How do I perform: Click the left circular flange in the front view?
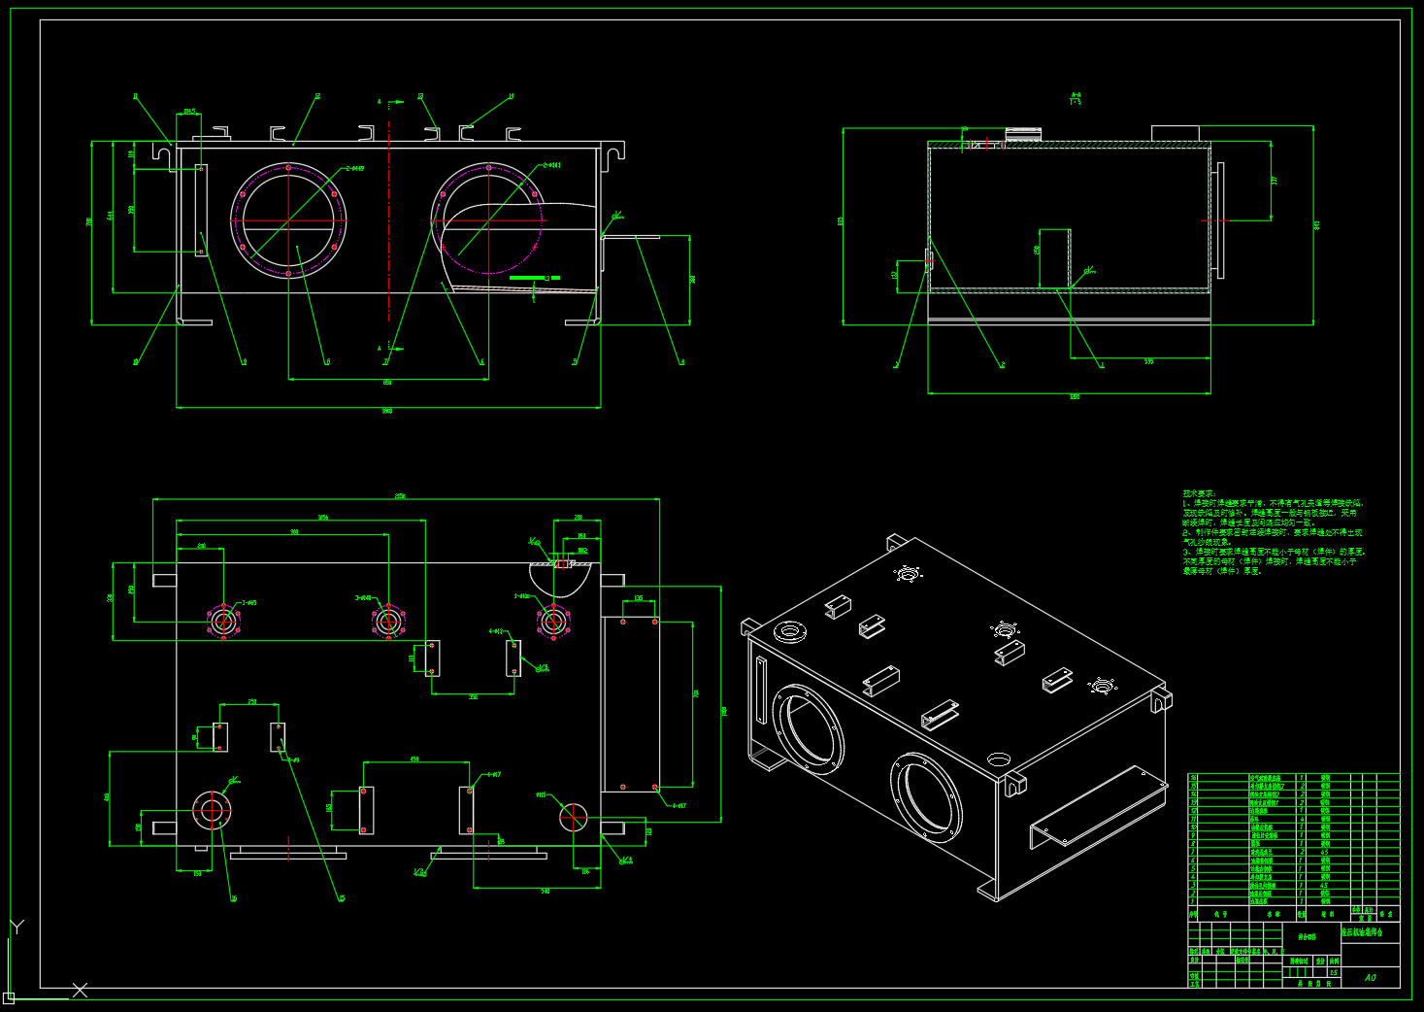click(289, 219)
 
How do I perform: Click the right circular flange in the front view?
click(488, 219)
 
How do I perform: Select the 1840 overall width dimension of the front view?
click(387, 411)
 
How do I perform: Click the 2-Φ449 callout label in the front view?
click(354, 169)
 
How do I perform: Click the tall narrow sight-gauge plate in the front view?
click(201, 210)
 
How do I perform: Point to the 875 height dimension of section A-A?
click(841, 221)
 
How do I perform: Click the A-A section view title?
click(1076, 97)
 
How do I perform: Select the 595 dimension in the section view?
click(1149, 362)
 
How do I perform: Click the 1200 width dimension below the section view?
click(1074, 397)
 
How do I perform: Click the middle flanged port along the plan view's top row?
click(387, 620)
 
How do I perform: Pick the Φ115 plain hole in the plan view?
click(573, 817)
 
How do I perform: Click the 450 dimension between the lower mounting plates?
click(414, 759)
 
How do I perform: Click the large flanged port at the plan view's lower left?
click(212, 810)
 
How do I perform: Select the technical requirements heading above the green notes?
click(1199, 493)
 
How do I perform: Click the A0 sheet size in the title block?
click(1370, 977)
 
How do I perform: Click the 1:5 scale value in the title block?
click(1334, 972)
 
